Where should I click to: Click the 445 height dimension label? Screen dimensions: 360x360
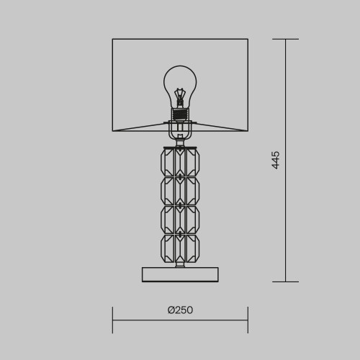click(276, 160)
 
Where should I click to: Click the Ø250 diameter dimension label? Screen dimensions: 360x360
click(180, 310)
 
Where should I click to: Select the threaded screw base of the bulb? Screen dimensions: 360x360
click(180, 114)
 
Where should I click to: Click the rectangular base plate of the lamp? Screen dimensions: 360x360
click(180, 274)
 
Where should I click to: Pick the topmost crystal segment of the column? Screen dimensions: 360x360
click(180, 162)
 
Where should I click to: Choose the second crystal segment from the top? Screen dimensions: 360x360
click(180, 191)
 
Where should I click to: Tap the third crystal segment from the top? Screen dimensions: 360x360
click(180, 220)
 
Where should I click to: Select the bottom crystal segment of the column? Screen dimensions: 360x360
click(180, 248)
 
